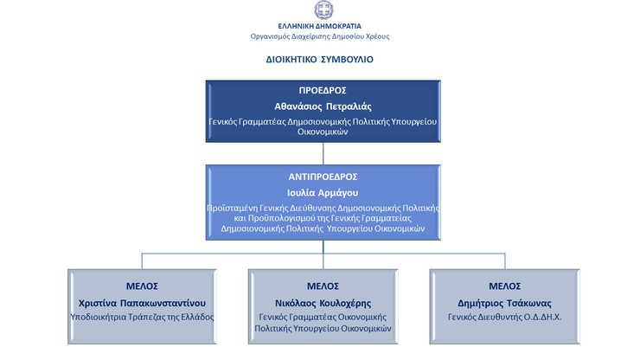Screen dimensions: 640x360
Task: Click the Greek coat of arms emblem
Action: coord(323,10)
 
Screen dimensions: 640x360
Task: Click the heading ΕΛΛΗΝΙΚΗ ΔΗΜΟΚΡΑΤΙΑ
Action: coord(320,26)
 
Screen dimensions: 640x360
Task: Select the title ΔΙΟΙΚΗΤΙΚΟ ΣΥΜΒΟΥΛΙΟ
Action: coord(320,59)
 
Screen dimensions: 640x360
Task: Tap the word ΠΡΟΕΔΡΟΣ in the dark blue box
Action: coord(323,90)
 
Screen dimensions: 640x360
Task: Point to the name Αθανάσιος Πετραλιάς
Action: coord(323,106)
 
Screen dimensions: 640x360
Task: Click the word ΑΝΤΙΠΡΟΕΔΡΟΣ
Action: coord(323,177)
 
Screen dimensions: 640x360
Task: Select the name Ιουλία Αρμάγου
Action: coord(323,193)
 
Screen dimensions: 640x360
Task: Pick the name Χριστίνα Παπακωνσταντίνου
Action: coord(142,303)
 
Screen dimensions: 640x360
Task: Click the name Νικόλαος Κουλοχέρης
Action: coord(323,303)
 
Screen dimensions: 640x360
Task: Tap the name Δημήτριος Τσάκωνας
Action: coord(504,303)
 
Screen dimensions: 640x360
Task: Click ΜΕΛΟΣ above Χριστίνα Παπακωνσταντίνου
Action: coord(142,286)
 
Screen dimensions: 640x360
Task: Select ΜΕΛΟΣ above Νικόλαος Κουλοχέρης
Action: coord(323,286)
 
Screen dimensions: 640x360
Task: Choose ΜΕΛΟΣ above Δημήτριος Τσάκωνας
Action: coord(505,286)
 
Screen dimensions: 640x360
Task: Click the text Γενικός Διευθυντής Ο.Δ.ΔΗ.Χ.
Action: coord(504,317)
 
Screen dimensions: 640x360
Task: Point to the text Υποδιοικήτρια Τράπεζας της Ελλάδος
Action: coord(142,317)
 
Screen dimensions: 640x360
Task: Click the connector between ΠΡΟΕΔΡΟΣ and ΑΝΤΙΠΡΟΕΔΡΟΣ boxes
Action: coord(323,154)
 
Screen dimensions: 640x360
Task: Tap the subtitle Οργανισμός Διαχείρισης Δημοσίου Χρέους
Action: coord(320,36)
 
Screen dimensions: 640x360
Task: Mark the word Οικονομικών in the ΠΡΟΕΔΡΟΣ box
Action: coord(323,132)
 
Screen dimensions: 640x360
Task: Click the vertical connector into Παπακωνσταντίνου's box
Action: coord(142,261)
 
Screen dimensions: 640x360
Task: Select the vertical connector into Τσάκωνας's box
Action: coord(505,261)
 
